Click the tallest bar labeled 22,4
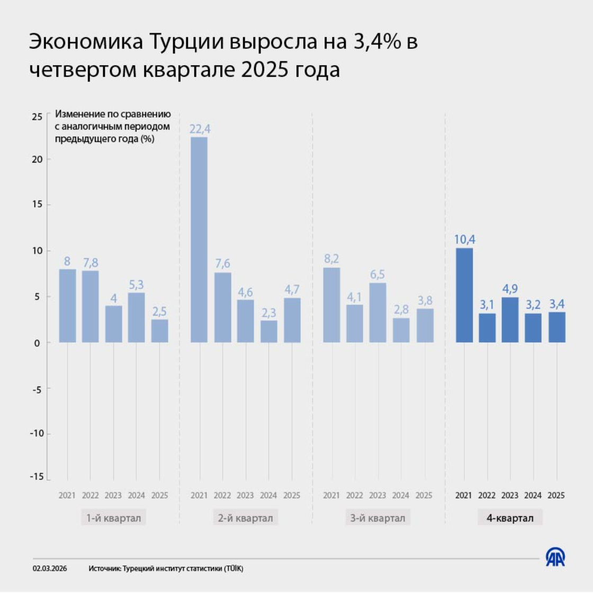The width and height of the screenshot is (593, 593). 199,239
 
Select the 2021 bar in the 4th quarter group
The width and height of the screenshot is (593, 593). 464,295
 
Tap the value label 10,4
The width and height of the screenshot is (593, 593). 464,239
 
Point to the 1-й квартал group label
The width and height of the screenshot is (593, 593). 114,518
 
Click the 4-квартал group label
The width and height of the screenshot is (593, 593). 510,518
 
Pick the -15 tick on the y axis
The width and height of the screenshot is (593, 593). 37,477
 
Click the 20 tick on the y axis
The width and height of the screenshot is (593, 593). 38,159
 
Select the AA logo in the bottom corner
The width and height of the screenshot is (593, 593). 555,556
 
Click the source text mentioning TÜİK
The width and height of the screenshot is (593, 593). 166,569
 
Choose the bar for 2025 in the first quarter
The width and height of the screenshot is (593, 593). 159,330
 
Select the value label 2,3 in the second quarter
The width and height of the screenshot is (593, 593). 268,313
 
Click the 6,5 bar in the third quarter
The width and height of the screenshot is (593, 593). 378,312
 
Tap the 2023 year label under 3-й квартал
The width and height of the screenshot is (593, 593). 378,496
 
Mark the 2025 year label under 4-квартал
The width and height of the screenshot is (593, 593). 556,496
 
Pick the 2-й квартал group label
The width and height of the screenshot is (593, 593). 246,518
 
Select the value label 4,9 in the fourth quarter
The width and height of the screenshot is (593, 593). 510,289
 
